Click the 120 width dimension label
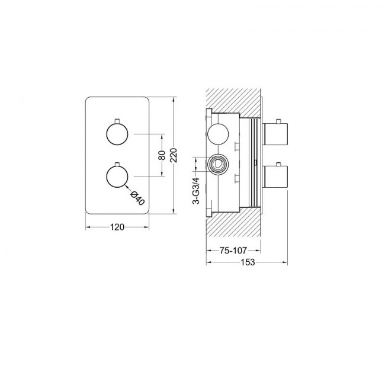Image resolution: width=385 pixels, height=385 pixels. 117,227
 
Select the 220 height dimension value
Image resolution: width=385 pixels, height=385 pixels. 174,155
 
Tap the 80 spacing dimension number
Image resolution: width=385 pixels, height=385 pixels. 162,155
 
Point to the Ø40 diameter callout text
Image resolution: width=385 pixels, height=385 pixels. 137,198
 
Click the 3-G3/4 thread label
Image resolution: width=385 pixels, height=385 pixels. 197,191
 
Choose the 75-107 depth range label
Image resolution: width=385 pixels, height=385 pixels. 233,251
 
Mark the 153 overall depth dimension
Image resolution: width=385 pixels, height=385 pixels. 248,262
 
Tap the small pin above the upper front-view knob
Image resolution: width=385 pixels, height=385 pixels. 117,121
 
